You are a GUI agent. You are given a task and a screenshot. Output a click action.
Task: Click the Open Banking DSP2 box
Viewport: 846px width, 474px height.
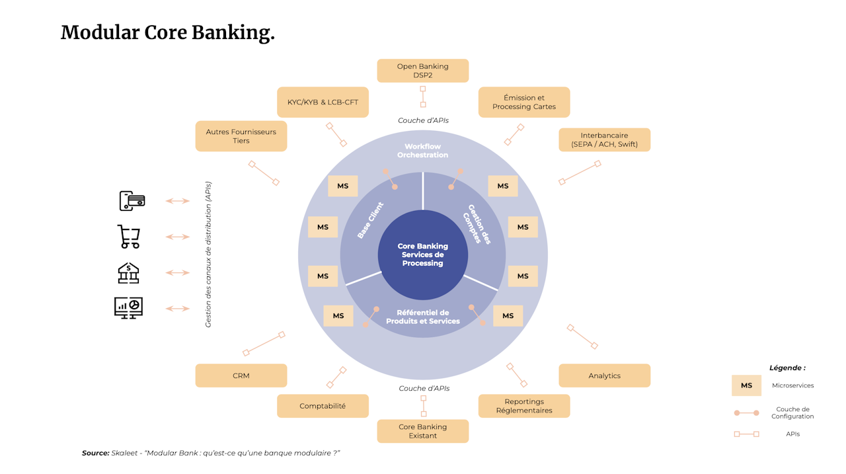pyautogui.click(x=422, y=71)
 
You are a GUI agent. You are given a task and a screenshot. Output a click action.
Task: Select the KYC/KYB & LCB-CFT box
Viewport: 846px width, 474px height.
pyautogui.click(x=323, y=102)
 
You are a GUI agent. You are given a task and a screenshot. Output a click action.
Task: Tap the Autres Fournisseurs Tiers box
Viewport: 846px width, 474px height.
pyautogui.click(x=241, y=136)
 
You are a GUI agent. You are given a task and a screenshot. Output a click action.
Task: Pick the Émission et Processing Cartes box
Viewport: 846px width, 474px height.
pyautogui.click(x=523, y=102)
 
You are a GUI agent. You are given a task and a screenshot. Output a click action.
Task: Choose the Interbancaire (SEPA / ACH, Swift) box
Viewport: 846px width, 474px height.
pyautogui.click(x=604, y=139)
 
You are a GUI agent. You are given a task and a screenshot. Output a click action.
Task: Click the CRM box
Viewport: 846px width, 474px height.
pyautogui.click(x=241, y=375)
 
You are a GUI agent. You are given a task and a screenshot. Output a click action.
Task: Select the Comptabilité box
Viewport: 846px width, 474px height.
pyautogui.click(x=323, y=406)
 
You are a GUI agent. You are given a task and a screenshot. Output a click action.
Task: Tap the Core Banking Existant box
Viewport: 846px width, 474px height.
pyautogui.click(x=422, y=431)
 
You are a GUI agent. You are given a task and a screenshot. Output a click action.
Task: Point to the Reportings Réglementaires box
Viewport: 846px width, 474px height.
pyautogui.click(x=523, y=406)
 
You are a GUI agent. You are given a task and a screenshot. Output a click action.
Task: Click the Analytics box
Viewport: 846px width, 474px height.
pyautogui.click(x=604, y=375)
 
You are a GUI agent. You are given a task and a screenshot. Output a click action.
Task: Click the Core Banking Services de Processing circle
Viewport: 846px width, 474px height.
pyautogui.click(x=422, y=255)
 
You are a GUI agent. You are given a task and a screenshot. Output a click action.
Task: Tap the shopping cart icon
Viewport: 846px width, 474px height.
pyautogui.click(x=129, y=237)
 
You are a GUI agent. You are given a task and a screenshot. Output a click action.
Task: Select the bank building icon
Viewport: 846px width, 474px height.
pyautogui.click(x=128, y=272)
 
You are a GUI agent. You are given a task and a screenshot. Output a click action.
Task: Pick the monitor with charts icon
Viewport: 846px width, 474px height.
pyautogui.click(x=128, y=308)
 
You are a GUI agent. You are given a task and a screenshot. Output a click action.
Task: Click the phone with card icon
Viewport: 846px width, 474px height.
pyautogui.click(x=132, y=201)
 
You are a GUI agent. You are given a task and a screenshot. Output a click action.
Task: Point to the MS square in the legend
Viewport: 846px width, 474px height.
pyautogui.click(x=746, y=385)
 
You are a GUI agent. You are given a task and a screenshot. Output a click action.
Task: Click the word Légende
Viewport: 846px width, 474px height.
pyautogui.click(x=787, y=368)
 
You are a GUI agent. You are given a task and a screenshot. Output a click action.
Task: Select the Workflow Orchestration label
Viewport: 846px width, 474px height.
pyautogui.click(x=422, y=151)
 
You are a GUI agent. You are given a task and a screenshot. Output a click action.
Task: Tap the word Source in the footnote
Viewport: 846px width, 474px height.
pyautogui.click(x=95, y=453)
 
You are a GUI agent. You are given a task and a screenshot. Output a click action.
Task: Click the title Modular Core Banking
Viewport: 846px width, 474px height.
pyautogui.click(x=167, y=32)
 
